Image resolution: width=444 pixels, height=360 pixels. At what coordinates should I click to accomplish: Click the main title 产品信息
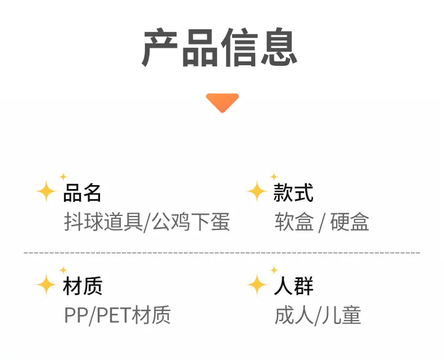click(220, 47)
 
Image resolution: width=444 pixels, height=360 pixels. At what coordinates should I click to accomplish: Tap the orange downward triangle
click(223, 102)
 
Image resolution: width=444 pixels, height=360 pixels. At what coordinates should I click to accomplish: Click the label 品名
click(82, 193)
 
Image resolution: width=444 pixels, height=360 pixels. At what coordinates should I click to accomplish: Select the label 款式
click(293, 193)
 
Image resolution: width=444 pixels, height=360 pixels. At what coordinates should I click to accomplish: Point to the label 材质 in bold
click(83, 286)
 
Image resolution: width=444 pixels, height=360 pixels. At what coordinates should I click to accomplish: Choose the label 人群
click(293, 286)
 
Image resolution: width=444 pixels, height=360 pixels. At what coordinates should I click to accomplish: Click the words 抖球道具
click(103, 222)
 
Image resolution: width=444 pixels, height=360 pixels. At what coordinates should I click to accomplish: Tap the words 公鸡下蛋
click(191, 222)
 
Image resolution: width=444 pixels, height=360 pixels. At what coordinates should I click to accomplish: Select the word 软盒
click(294, 222)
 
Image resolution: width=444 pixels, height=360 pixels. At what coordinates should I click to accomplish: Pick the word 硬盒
click(350, 222)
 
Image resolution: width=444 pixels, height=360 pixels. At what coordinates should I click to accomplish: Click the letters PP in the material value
click(76, 314)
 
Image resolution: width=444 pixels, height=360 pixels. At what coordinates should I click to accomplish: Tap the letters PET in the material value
click(114, 314)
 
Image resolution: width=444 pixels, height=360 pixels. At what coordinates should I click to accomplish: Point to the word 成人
click(294, 314)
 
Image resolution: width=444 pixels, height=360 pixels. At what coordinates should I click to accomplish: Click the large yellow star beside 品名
click(46, 191)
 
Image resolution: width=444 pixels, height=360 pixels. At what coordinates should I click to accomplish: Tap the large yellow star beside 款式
click(257, 191)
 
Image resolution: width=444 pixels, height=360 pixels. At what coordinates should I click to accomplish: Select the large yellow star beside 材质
click(46, 285)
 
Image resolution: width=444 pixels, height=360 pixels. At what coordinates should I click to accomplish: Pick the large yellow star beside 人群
click(257, 285)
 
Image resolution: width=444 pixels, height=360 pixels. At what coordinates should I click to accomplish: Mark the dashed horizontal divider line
click(222, 253)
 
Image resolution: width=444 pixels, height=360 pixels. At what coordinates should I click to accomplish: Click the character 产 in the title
click(160, 47)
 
